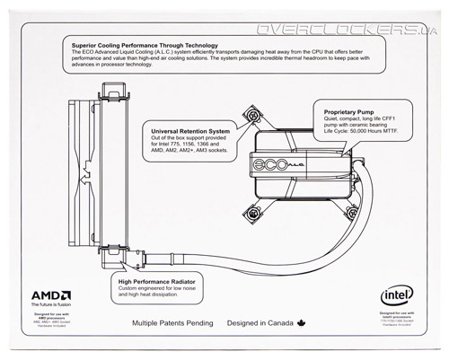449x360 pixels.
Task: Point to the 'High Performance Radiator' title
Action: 162,281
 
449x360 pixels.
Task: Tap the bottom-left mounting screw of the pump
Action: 252,213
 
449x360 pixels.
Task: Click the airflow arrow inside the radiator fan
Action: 84,179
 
